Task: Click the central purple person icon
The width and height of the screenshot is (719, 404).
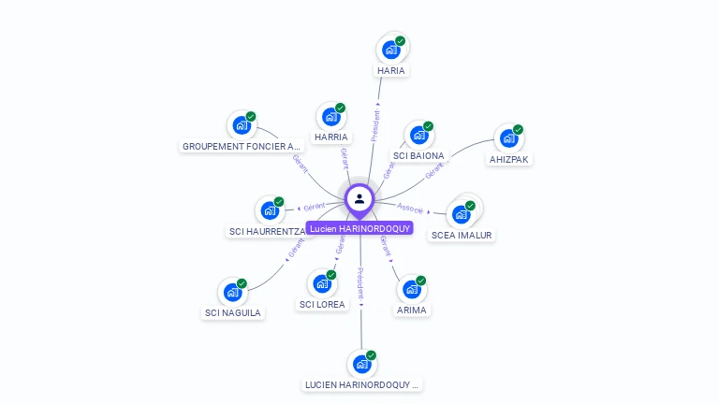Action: (x=359, y=198)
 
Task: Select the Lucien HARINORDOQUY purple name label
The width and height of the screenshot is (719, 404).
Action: (x=359, y=228)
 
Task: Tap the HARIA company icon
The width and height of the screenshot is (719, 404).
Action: (x=390, y=50)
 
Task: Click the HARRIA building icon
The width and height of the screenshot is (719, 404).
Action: (x=330, y=116)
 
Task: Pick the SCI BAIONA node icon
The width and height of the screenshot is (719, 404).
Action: (x=418, y=135)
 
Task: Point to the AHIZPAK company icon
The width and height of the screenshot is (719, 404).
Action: (x=508, y=138)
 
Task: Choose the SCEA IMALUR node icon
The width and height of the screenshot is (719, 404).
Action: (x=461, y=214)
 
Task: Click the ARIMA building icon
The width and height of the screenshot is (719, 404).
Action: (x=411, y=289)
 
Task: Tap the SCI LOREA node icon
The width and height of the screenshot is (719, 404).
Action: (x=322, y=283)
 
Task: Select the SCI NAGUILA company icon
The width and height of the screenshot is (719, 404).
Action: (x=232, y=292)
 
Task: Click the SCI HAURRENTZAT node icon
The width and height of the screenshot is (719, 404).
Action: (x=270, y=209)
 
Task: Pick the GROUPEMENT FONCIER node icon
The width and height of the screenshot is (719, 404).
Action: (x=242, y=125)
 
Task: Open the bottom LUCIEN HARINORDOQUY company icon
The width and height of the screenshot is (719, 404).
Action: (x=361, y=364)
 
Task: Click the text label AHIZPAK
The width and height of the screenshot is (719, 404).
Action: (x=509, y=160)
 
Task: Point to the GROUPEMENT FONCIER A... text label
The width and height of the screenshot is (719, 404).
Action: (x=242, y=146)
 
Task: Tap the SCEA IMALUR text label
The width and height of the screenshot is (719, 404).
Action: (x=462, y=236)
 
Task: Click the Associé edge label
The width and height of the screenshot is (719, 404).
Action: (x=410, y=208)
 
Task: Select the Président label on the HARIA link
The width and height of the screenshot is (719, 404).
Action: (x=375, y=125)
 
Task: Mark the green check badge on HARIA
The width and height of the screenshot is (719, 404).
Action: (x=401, y=41)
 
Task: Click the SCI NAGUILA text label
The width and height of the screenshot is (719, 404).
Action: (x=233, y=312)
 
